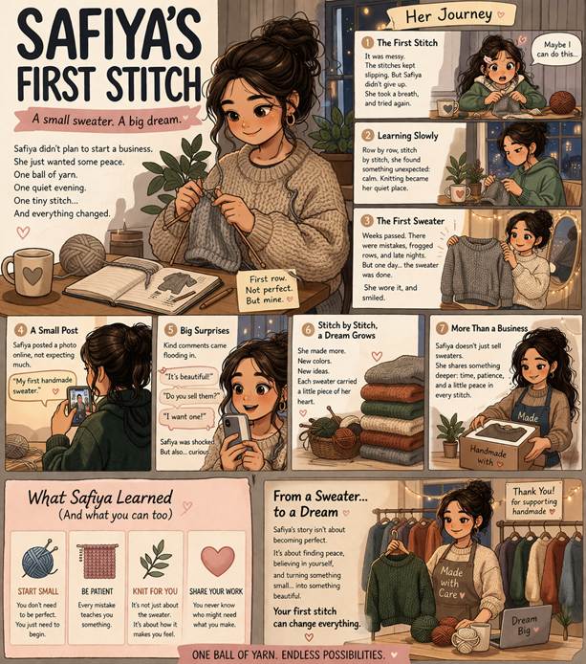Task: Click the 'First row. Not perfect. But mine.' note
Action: [268, 289]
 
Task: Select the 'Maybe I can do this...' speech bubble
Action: [556, 50]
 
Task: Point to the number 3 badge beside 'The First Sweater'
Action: [367, 221]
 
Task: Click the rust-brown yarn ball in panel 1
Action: [562, 102]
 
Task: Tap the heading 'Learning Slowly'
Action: [407, 136]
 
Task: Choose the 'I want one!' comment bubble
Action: [185, 417]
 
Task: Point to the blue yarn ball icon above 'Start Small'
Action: [38, 561]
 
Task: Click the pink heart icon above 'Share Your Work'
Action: [217, 561]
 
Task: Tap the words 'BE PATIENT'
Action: [97, 591]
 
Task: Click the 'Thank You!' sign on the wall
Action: [533, 501]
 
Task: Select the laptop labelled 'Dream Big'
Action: [524, 628]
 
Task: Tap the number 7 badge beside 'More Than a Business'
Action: [442, 328]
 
